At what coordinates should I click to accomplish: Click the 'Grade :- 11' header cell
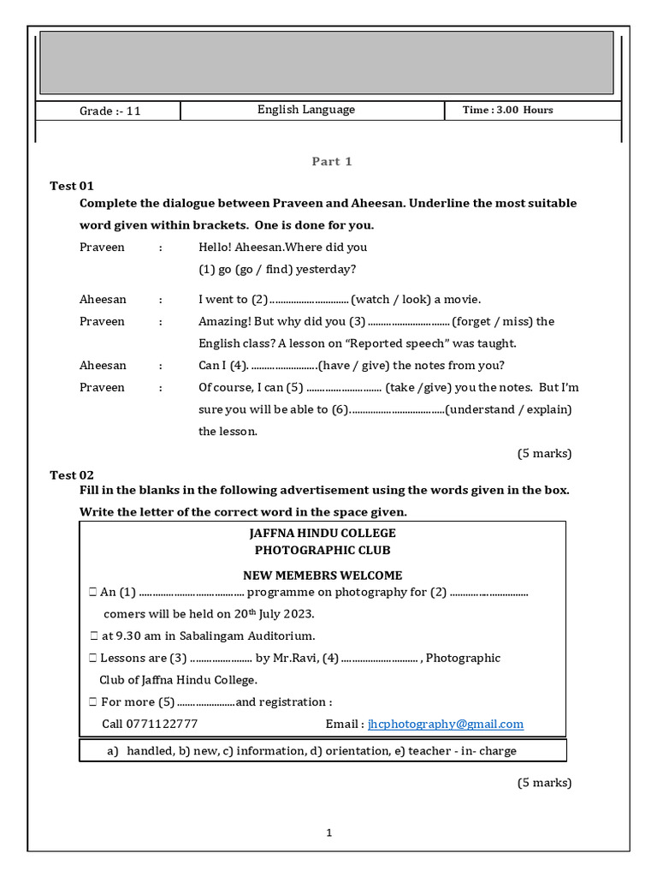coord(109,111)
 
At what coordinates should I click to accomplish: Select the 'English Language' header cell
coord(306,110)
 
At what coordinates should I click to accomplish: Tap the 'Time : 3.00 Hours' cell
coord(507,110)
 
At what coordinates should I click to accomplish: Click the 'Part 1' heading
coord(332,162)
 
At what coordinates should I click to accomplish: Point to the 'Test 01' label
coord(72,186)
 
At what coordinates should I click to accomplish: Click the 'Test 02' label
coord(72,475)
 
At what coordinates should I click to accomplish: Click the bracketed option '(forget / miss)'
coord(492,322)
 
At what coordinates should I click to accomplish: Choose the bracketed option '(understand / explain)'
coord(508,409)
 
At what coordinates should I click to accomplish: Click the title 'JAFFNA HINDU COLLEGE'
coord(323,534)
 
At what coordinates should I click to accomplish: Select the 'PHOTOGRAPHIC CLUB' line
coord(323,551)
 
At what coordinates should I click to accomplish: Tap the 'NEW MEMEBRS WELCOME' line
coord(323,576)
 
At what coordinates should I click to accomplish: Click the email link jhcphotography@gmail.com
coord(445,725)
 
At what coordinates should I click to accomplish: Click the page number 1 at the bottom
coord(328,832)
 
